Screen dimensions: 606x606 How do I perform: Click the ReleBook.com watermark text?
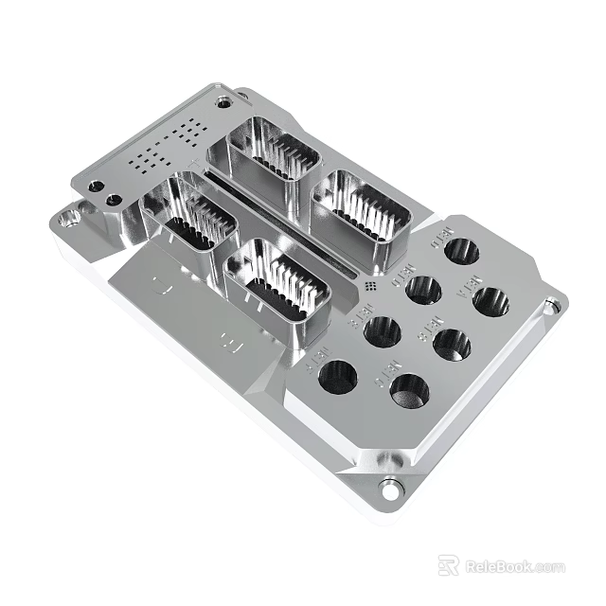[515, 566]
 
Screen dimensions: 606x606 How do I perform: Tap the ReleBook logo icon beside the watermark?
[449, 565]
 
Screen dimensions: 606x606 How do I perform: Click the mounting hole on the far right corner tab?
[550, 306]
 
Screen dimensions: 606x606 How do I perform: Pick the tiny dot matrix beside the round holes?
[370, 284]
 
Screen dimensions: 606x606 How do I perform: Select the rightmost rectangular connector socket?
[362, 205]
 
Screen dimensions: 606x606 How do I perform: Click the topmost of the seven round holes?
[462, 251]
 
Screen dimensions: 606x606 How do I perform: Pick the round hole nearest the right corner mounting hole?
[490, 303]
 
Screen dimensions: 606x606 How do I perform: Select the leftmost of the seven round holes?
[338, 376]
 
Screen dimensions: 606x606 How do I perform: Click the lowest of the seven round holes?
[409, 390]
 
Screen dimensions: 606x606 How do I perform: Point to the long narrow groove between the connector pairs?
[284, 223]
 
